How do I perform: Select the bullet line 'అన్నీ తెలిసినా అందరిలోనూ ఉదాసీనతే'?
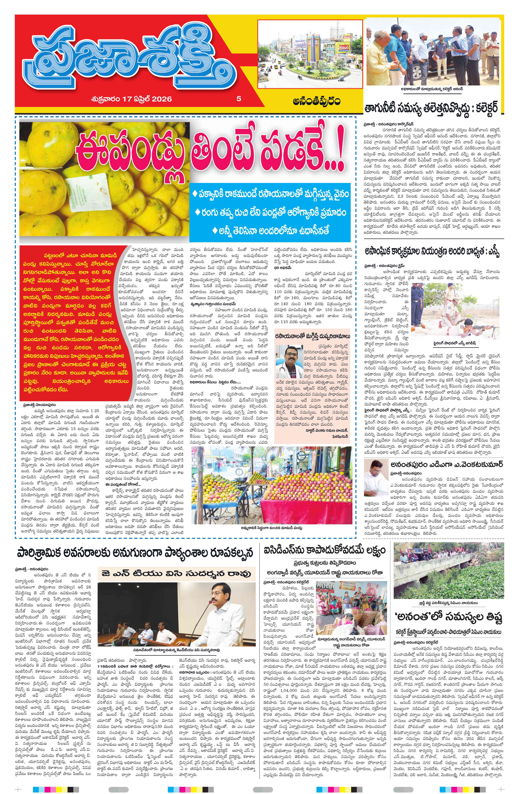point(270,230)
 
